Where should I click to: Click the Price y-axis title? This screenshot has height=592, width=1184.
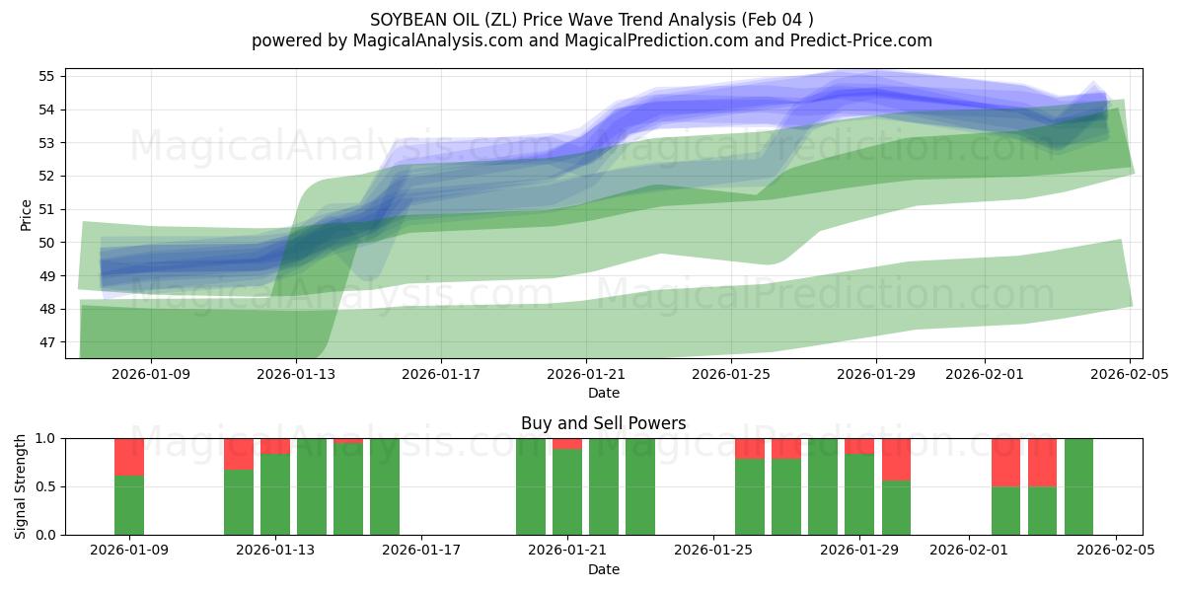(27, 215)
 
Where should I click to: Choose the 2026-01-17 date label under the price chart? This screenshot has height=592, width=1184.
(441, 375)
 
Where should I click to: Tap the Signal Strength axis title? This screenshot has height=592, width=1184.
(21, 485)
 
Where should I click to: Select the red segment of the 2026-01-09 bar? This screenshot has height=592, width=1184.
(129, 457)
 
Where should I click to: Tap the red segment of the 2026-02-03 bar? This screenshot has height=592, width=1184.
(1042, 462)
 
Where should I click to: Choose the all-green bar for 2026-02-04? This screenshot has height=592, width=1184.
(1078, 486)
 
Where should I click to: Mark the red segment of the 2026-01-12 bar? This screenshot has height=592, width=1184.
(239, 454)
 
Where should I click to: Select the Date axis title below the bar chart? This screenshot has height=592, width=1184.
(603, 569)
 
